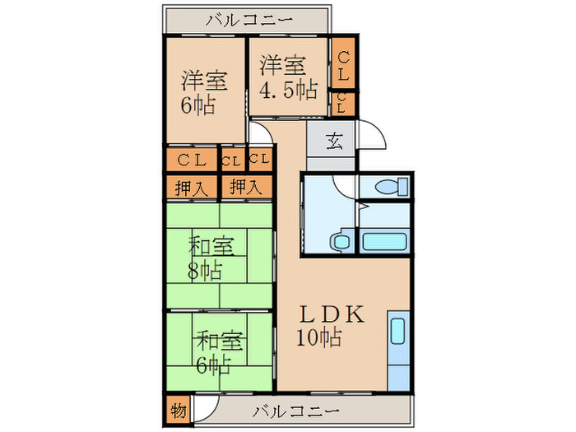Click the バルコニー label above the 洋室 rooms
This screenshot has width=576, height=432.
coord(247,20)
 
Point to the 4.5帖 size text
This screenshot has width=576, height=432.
coord(289,89)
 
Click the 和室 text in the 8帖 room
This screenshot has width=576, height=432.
coord(211,246)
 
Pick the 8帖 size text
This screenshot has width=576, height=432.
coord(204,270)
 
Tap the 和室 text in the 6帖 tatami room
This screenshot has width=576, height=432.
coord(218,338)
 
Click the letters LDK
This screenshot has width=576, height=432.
coord(329,314)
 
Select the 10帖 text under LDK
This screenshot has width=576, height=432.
coord(320,337)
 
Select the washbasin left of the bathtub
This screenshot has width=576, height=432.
coord(339,241)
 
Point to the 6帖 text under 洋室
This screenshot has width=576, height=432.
coord(197,105)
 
